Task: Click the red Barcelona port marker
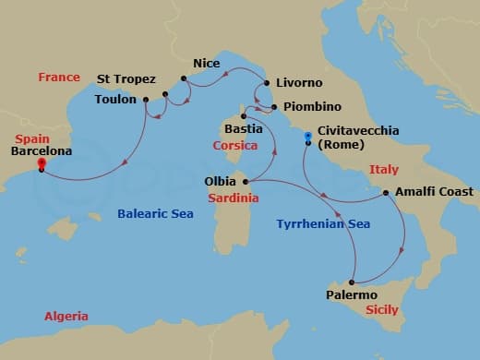[41, 164]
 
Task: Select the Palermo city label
[352, 295]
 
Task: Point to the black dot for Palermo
[353, 282]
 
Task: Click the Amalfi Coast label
[433, 192]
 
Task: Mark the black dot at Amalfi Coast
[385, 193]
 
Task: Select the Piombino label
[313, 107]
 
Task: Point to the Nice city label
[206, 63]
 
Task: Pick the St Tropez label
[126, 79]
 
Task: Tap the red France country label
[59, 78]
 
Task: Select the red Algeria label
[66, 317]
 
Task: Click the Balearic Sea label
[155, 214]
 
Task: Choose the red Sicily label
[381, 310]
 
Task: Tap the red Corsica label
[234, 146]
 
